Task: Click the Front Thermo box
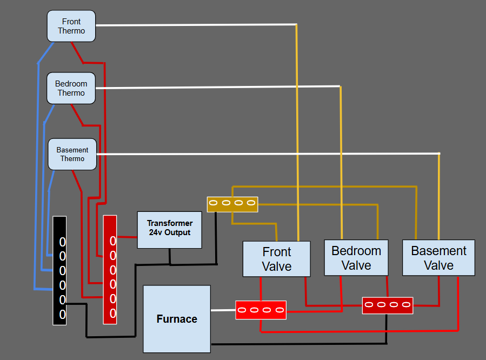pos(71,26)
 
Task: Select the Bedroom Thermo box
pos(71,88)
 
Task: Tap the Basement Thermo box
pos(72,154)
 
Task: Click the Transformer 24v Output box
pos(169,230)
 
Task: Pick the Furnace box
pos(176,319)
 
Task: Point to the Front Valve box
pos(276,259)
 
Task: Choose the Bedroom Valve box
pos(356,258)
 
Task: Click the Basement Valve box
pos(438,258)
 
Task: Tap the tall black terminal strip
pos(59,270)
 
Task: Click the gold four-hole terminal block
pos(232,204)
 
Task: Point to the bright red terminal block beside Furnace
pos(261,310)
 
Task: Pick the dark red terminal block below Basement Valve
pos(388,305)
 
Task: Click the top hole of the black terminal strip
pos(62,241)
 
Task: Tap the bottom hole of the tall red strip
pos(113,314)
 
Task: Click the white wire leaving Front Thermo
pos(195,25)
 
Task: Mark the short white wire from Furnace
pos(223,310)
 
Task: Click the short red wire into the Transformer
pos(127,237)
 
